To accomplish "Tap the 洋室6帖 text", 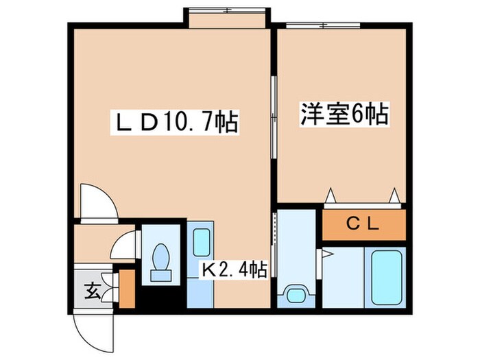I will pyautogui.click(x=344, y=114).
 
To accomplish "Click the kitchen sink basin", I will pyautogui.click(x=201, y=241).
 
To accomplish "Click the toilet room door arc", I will pyautogui.click(x=125, y=245).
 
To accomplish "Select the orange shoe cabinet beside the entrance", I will pyautogui.click(x=127, y=287).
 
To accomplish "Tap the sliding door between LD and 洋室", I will pyautogui.click(x=274, y=117).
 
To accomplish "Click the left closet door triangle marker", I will pyautogui.click(x=331, y=195).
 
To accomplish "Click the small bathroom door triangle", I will pyautogui.click(x=326, y=254).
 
